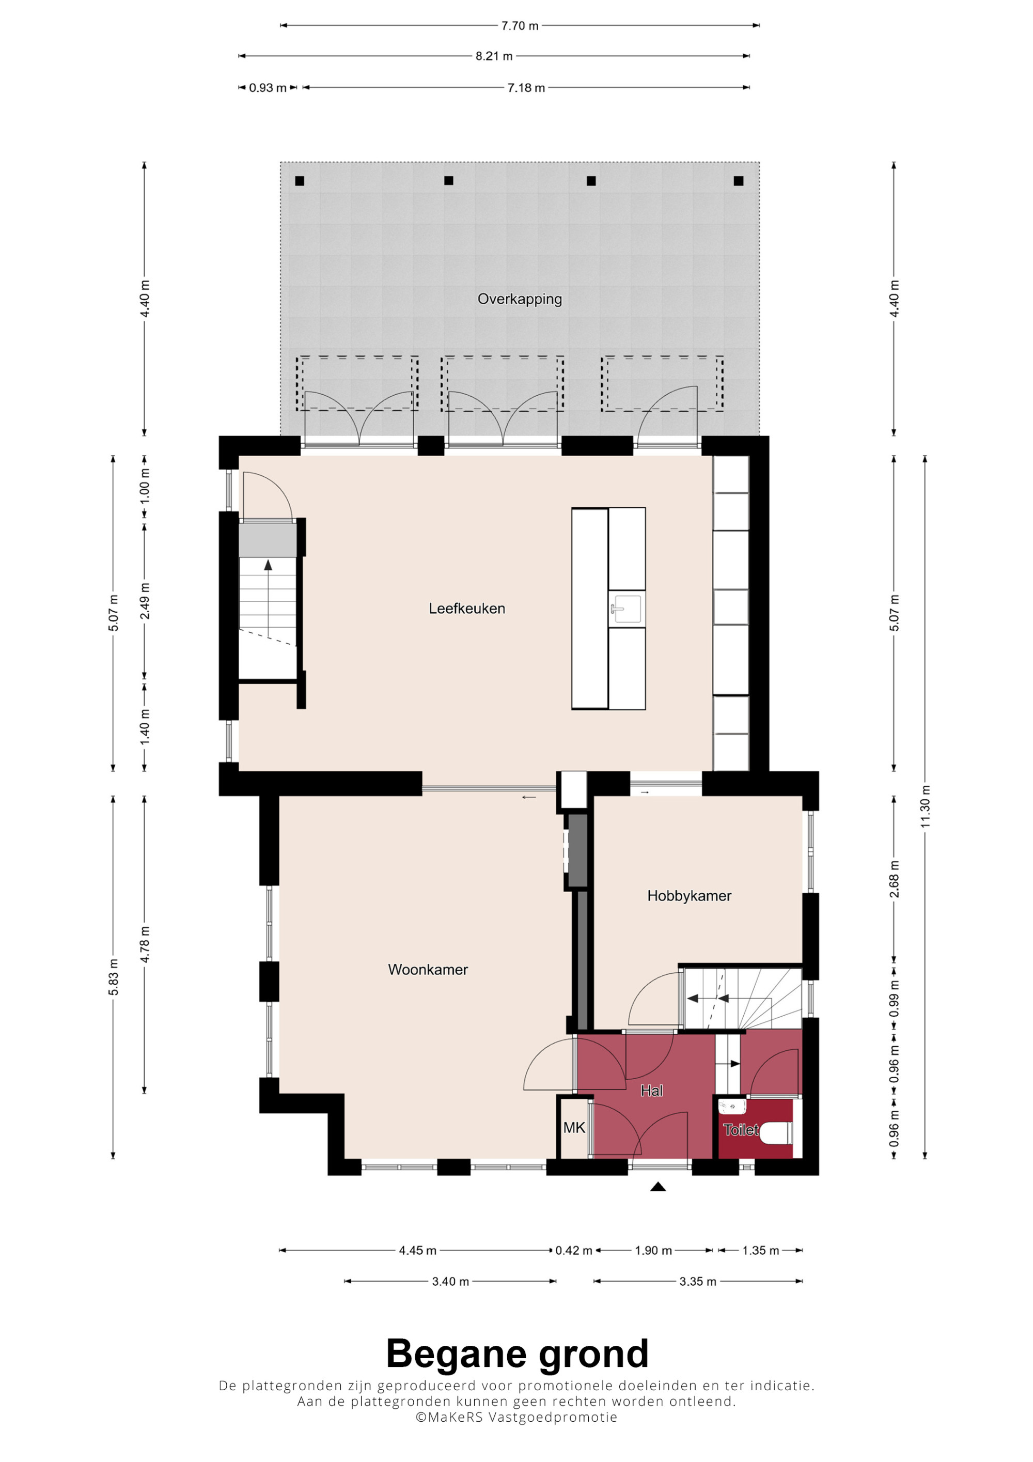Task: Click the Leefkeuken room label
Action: (x=466, y=609)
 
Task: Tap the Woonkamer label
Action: (x=428, y=970)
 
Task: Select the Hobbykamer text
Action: (x=690, y=896)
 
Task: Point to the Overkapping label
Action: (x=520, y=299)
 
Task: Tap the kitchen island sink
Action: (x=627, y=609)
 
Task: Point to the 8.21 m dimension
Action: (x=494, y=56)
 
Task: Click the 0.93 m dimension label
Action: (x=268, y=88)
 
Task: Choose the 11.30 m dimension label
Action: (x=926, y=807)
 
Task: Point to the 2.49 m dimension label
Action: (x=145, y=600)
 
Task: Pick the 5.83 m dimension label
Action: (x=113, y=977)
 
